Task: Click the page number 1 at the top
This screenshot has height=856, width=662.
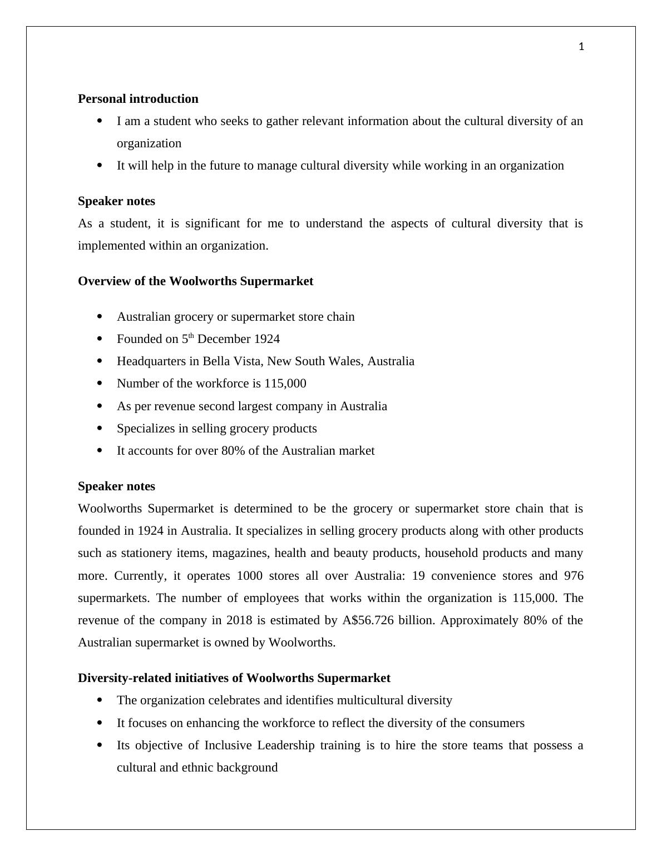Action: tap(581, 47)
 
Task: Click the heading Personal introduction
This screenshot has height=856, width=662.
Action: tap(138, 99)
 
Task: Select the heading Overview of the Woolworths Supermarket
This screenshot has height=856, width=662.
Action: tap(195, 281)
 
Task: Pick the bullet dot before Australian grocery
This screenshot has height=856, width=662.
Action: tap(100, 316)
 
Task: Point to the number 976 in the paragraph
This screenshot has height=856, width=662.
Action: tap(573, 576)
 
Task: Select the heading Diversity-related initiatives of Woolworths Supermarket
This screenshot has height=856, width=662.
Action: tap(234, 678)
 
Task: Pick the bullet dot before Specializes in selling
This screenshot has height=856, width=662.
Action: tap(100, 428)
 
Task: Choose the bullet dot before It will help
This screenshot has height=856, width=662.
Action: tap(100, 165)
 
